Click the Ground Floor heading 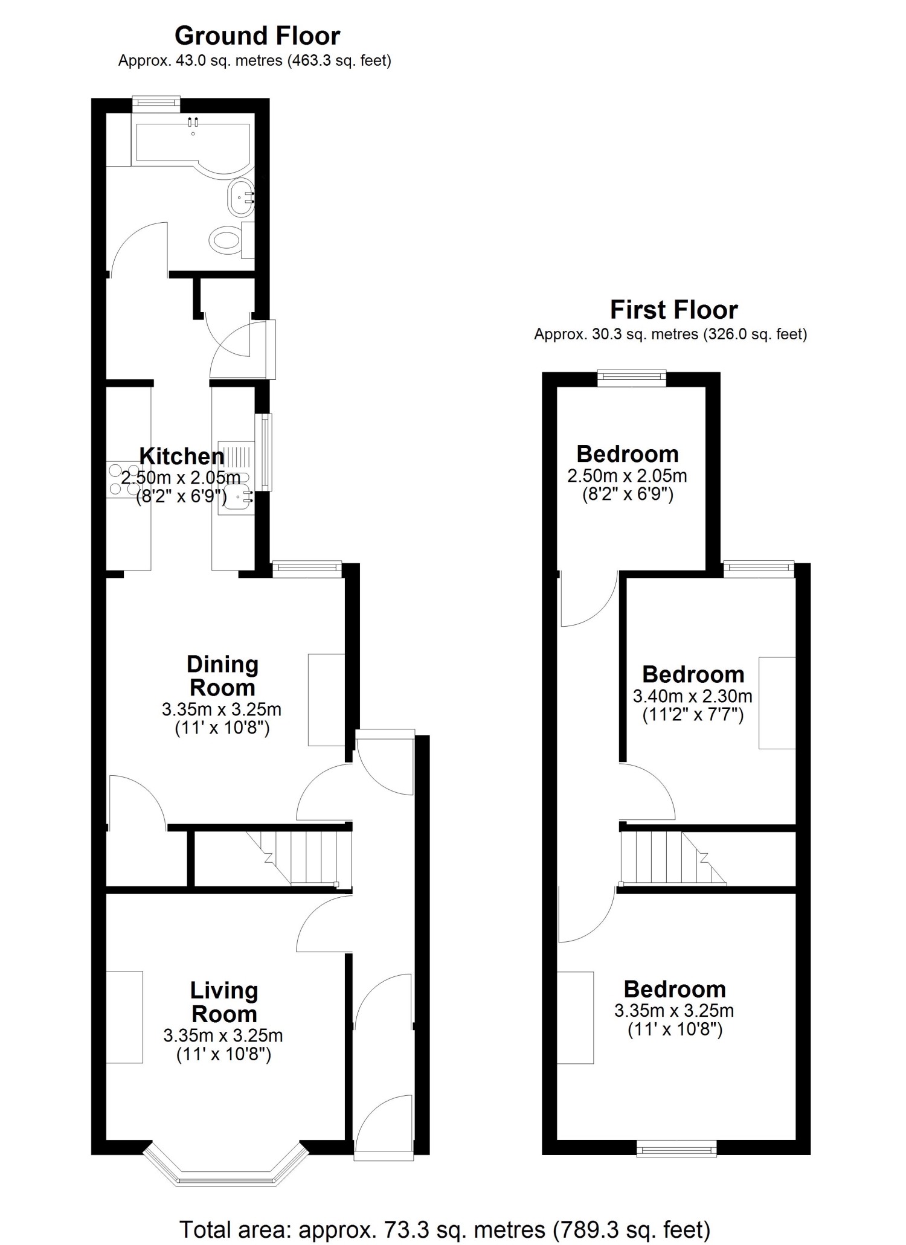[x=257, y=36]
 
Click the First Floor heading [x=673, y=310]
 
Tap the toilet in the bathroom [x=233, y=239]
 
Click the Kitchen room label [x=182, y=456]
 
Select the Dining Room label [x=222, y=676]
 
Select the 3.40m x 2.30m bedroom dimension [x=693, y=696]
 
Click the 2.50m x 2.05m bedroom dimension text [x=628, y=476]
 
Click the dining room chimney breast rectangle [x=327, y=700]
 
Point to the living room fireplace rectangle [x=125, y=1017]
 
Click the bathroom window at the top [x=156, y=104]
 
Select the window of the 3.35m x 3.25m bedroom [x=677, y=1148]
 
